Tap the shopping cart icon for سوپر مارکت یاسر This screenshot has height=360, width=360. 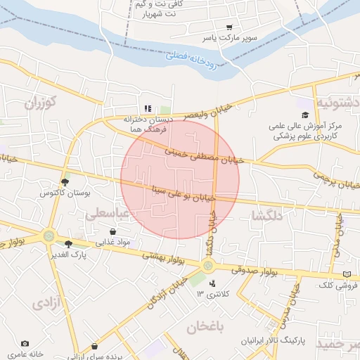tap(229, 27)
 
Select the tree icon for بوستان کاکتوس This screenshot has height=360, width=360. tap(65, 181)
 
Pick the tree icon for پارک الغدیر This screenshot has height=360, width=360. tap(68, 244)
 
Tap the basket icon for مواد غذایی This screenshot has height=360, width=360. tap(112, 231)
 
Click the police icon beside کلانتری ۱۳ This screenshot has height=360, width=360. tap(212, 283)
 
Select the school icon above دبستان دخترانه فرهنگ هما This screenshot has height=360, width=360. tap(148, 108)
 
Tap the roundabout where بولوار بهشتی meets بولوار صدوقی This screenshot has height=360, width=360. tap(208, 265)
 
